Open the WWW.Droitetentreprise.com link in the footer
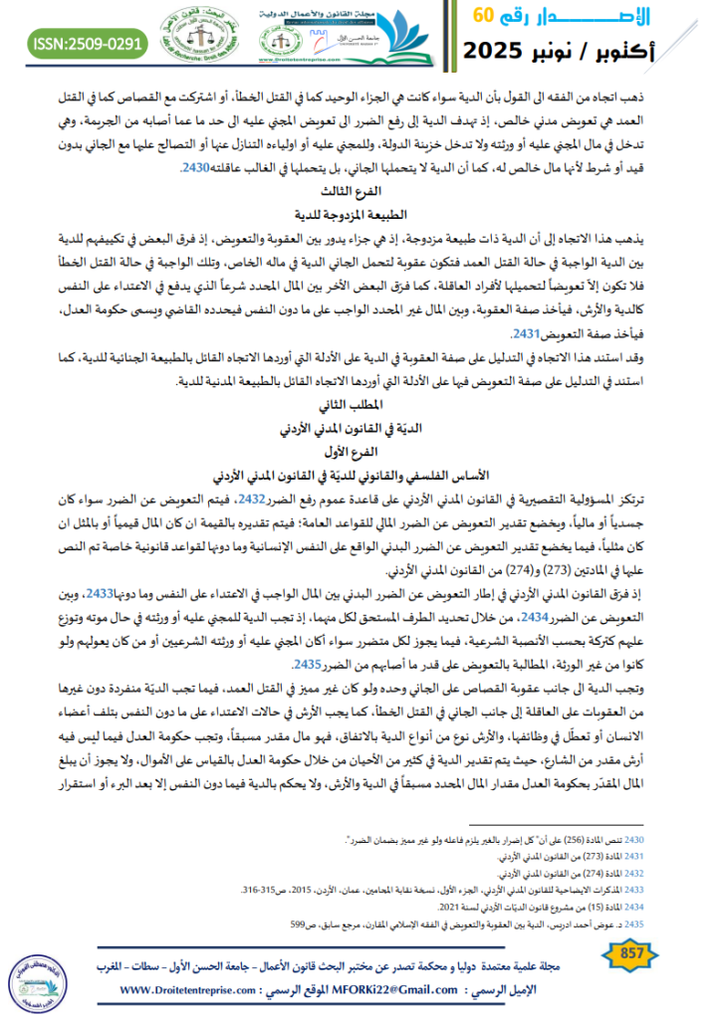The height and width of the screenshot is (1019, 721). (x=202, y=990)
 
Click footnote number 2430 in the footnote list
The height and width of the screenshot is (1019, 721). (x=646, y=842)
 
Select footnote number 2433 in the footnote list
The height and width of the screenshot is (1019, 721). (x=646, y=890)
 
